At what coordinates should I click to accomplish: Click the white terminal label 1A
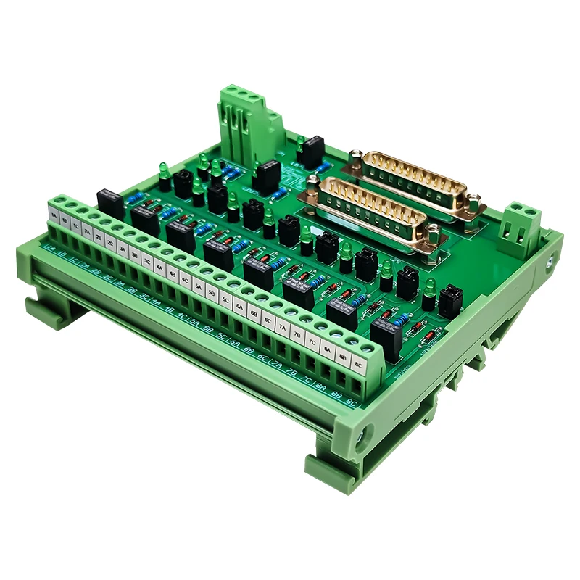[54, 213]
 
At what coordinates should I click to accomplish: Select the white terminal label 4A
[159, 266]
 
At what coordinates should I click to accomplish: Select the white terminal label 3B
[134, 253]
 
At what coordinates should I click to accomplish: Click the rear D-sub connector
[414, 180]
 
